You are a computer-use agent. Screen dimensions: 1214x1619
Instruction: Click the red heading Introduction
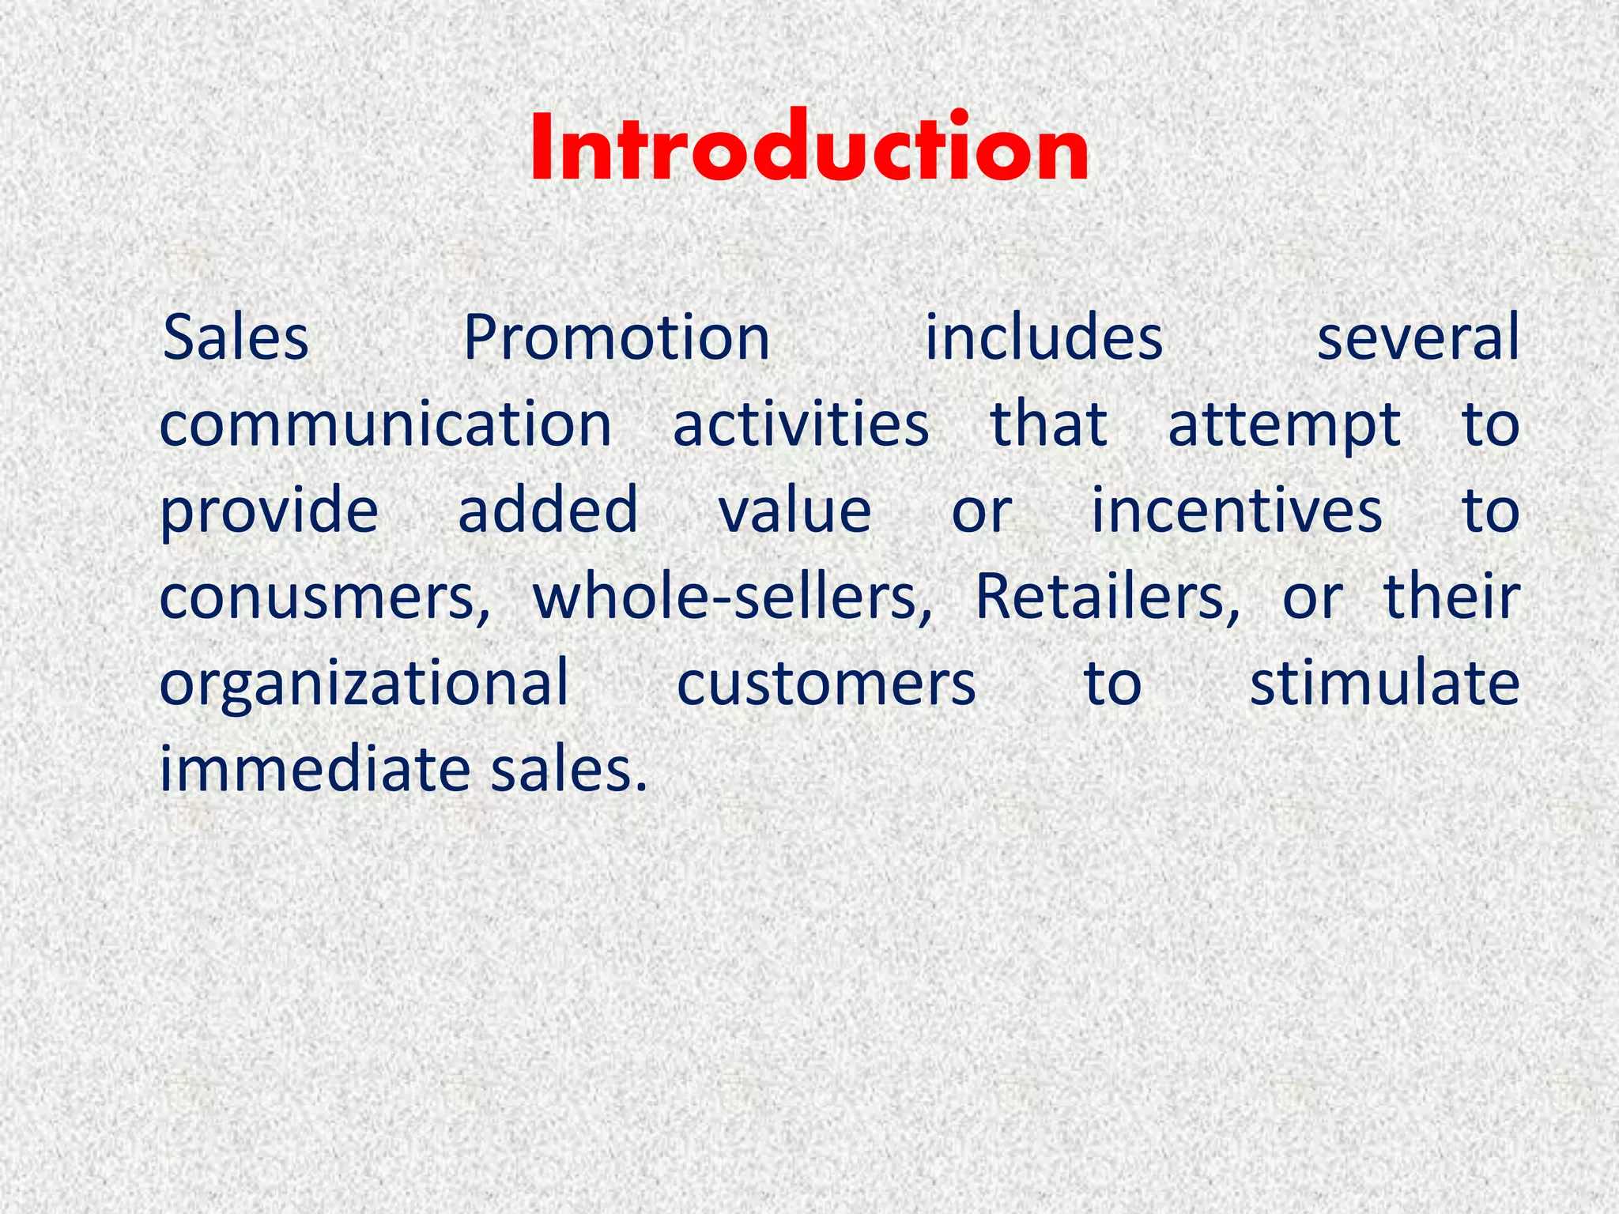(x=809, y=148)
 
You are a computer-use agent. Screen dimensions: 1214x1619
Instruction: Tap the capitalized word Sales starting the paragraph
(x=235, y=338)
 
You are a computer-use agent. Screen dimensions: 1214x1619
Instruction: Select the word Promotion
(x=617, y=338)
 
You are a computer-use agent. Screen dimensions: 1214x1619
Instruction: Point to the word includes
(x=1043, y=338)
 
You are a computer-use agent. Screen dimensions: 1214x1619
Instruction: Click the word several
(x=1417, y=338)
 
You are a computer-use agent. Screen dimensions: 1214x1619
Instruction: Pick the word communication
(x=386, y=425)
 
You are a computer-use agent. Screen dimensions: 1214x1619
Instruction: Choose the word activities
(x=801, y=425)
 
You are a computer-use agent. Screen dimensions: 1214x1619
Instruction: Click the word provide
(x=270, y=512)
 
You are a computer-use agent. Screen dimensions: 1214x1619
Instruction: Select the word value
(x=794, y=511)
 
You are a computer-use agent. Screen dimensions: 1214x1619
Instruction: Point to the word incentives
(x=1237, y=511)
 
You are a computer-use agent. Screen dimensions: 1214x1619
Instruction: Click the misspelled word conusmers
(x=324, y=598)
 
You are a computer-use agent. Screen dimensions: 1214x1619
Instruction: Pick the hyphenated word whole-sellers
(x=732, y=598)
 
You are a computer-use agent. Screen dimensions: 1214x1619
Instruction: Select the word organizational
(x=364, y=685)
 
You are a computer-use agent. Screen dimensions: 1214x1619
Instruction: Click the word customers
(x=826, y=684)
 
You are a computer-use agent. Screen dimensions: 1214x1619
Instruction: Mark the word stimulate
(x=1384, y=684)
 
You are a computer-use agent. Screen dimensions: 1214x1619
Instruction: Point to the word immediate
(x=315, y=770)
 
